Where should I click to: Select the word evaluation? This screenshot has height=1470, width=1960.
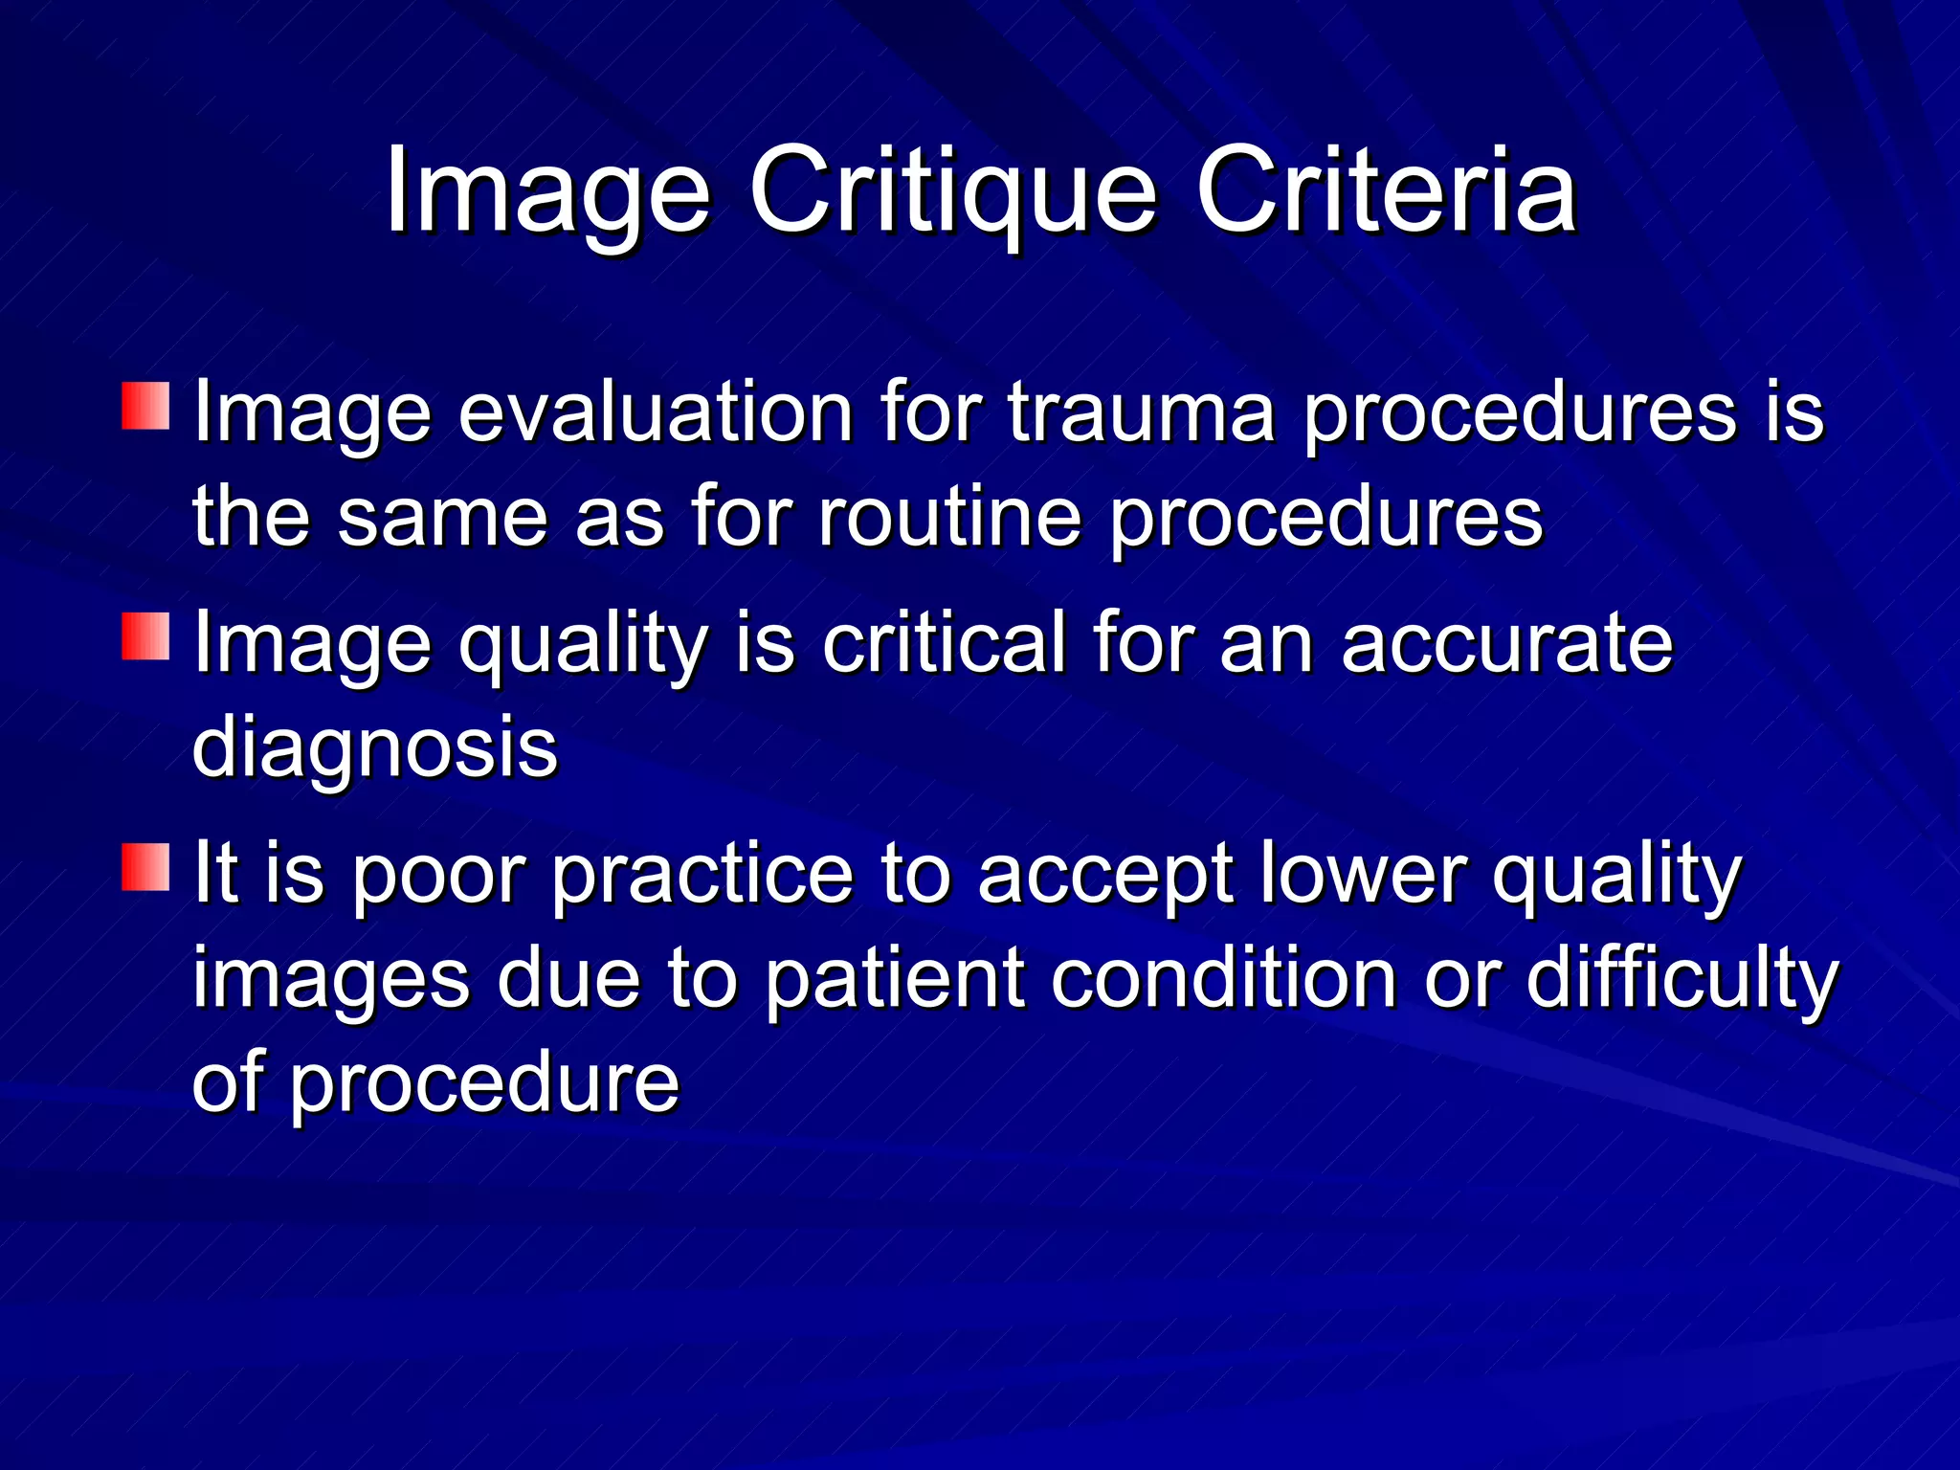[656, 413]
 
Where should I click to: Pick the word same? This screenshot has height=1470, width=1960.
[442, 518]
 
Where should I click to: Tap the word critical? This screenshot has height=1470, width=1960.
[944, 642]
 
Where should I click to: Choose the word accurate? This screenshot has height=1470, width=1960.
[1506, 642]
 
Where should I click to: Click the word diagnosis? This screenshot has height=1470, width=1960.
[374, 747]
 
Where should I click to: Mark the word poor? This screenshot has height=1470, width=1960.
[436, 875]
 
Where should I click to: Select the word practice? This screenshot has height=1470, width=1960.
[702, 875]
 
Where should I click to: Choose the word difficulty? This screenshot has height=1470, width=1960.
[1682, 979]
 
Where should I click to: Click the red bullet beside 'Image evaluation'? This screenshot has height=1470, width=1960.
[145, 406]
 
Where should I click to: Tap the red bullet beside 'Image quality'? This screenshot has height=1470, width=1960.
[145, 636]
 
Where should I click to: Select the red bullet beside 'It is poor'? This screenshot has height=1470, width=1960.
[145, 867]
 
